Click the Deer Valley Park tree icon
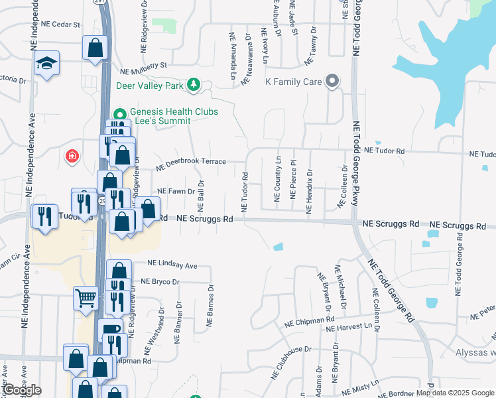[193, 84]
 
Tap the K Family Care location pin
[333, 82]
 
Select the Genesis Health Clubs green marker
[120, 113]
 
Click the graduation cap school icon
[46, 63]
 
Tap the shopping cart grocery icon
[86, 298]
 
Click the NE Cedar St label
[60, 24]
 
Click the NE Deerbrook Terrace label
[191, 161]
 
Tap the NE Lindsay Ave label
[172, 265]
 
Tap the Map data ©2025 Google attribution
[456, 393]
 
